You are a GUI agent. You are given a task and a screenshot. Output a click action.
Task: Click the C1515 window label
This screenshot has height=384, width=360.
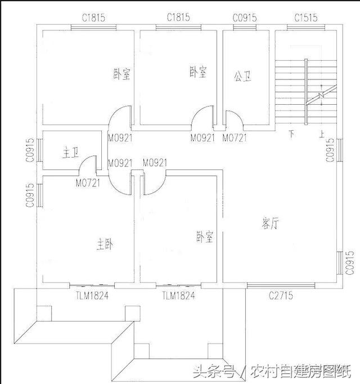coord(306,18)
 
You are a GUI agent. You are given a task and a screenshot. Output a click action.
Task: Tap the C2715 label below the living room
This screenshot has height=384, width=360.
coord(281,296)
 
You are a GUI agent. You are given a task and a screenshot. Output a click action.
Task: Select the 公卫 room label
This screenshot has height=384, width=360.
coord(242,77)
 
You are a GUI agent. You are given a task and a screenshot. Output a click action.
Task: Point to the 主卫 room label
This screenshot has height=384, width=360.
coord(70,153)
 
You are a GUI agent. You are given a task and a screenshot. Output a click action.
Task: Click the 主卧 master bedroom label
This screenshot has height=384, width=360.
coord(105,245)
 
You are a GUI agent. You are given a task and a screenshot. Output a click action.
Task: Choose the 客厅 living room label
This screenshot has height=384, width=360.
coord(270,224)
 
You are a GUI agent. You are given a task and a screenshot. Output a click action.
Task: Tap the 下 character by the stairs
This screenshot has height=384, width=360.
coord(291,134)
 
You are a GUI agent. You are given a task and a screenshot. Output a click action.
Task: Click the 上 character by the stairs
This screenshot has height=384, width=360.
coord(322,134)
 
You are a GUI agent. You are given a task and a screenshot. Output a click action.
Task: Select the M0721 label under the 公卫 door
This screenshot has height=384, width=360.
coord(234,138)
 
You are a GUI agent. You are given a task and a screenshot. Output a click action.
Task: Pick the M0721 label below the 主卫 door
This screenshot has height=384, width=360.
coord(88,182)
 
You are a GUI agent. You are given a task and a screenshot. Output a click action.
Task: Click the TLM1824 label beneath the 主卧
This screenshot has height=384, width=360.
coord(92,296)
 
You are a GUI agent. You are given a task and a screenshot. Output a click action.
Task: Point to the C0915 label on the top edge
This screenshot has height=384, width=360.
coord(245,18)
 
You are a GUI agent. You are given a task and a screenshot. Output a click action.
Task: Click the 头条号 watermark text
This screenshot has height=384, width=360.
coord(214,371)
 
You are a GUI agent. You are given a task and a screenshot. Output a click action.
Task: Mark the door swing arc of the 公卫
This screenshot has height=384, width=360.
coord(240,115)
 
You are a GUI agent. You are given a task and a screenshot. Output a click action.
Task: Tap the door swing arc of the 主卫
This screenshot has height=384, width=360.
coord(84,159)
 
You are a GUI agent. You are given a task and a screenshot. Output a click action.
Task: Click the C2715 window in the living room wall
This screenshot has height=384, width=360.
coord(281,285)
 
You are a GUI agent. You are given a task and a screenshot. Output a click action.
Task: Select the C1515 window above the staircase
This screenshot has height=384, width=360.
coord(306,27)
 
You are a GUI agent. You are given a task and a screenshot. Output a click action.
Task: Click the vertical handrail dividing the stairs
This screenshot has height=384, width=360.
coord(306,92)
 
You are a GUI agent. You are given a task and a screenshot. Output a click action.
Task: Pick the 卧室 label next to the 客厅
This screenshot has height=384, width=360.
coord(205,237)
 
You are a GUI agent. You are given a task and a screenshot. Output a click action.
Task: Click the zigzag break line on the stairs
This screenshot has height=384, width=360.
coord(322,95)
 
